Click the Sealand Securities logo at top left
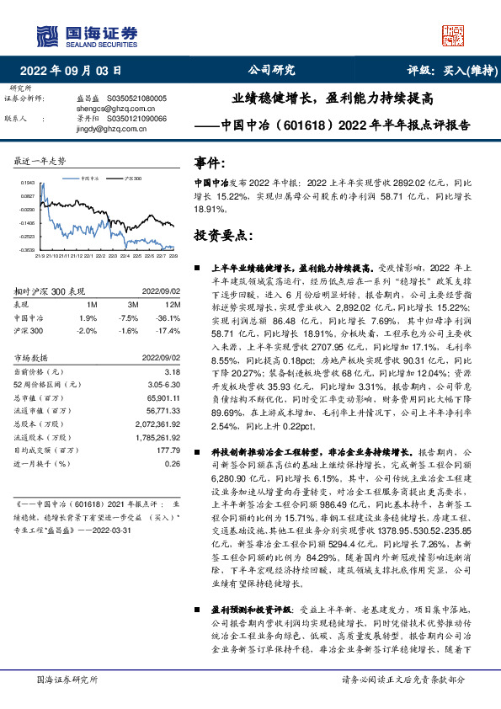[85, 35]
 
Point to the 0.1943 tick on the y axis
[28, 182]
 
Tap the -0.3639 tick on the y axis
[28, 250]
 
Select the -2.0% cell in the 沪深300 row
[88, 331]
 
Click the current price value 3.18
[172, 371]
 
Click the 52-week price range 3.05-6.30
[162, 383]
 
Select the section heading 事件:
[211, 161]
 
